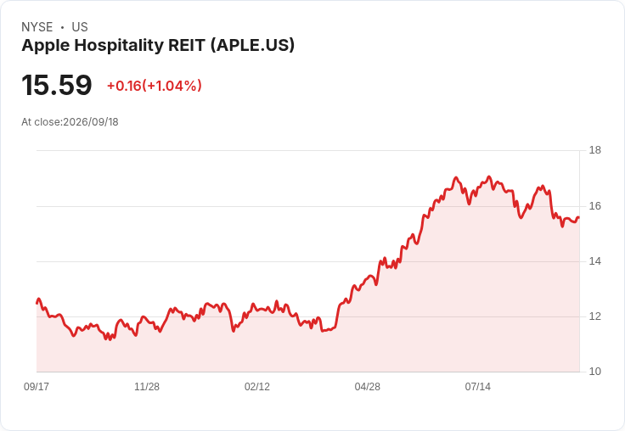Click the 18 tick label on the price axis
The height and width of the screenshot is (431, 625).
coord(594,150)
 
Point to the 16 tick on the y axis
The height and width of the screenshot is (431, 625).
coord(594,206)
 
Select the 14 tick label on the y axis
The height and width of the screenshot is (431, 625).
coord(594,261)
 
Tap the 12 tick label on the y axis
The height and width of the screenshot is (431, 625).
coord(594,316)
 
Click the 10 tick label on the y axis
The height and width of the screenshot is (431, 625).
coord(594,372)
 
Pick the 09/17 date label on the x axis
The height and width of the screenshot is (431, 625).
coord(37,386)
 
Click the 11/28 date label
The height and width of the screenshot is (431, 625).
coord(147,386)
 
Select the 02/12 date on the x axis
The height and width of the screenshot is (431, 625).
coord(257,386)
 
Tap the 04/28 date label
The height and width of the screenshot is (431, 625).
coord(367,386)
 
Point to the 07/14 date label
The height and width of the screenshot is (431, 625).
coord(477,386)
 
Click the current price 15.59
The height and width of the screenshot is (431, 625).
coord(57,85)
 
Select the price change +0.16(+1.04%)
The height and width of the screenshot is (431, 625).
coord(155,86)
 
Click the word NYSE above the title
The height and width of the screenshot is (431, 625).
coord(37,27)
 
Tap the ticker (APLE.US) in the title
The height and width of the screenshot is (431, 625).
coord(252,45)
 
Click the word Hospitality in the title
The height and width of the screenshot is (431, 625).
coord(119,46)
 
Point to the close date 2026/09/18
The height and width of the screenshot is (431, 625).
coord(91,122)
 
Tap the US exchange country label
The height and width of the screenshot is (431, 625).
coord(80,27)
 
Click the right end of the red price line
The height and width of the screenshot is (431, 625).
coord(579,217)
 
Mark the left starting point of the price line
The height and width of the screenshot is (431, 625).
coord(37,303)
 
